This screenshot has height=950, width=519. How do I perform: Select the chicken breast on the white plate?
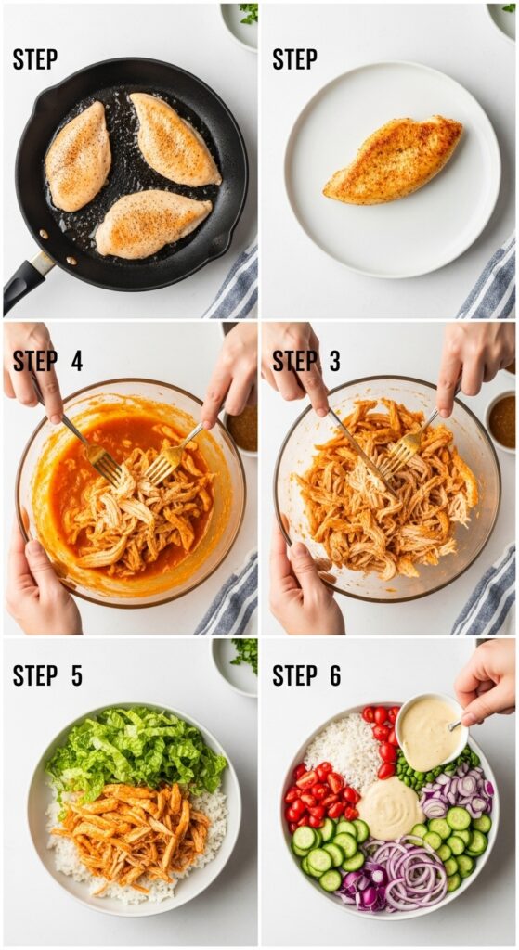point(393,160)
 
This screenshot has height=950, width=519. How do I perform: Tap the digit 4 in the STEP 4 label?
point(76,361)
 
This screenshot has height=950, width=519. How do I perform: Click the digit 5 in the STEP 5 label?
point(76,675)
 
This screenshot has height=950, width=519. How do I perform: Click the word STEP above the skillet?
point(34,59)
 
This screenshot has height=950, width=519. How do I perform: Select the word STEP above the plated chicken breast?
point(294,59)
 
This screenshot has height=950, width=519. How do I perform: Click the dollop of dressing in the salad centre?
point(390,808)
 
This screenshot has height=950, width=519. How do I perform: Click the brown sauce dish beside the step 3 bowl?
point(502,420)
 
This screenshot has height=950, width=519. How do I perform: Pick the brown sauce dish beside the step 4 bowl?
point(243,428)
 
